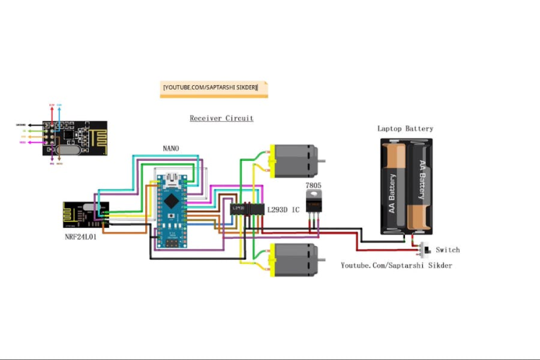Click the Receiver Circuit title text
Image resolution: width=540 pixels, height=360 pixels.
tap(222, 118)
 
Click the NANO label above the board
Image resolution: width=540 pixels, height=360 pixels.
tap(171, 149)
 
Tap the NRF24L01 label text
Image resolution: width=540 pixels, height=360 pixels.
tap(80, 237)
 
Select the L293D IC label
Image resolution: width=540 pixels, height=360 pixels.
tap(283, 210)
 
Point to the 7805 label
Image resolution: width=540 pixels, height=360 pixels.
tap(313, 185)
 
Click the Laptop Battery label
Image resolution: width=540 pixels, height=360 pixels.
tap(405, 128)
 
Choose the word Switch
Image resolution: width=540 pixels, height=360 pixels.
tap(448, 250)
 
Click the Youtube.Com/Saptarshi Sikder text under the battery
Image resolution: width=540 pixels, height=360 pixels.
tap(396, 265)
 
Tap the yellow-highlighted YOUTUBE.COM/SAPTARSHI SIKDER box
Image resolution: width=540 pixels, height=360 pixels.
tap(214, 89)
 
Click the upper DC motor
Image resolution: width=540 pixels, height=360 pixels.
tap(293, 160)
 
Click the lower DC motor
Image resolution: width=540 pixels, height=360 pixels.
tap(293, 259)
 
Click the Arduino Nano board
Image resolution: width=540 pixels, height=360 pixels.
tap(171, 209)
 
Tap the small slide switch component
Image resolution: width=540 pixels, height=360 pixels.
tap(423, 250)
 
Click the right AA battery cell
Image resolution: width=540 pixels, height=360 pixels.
tap(420, 185)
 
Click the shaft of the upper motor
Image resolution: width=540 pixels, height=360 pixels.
tap(322, 160)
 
